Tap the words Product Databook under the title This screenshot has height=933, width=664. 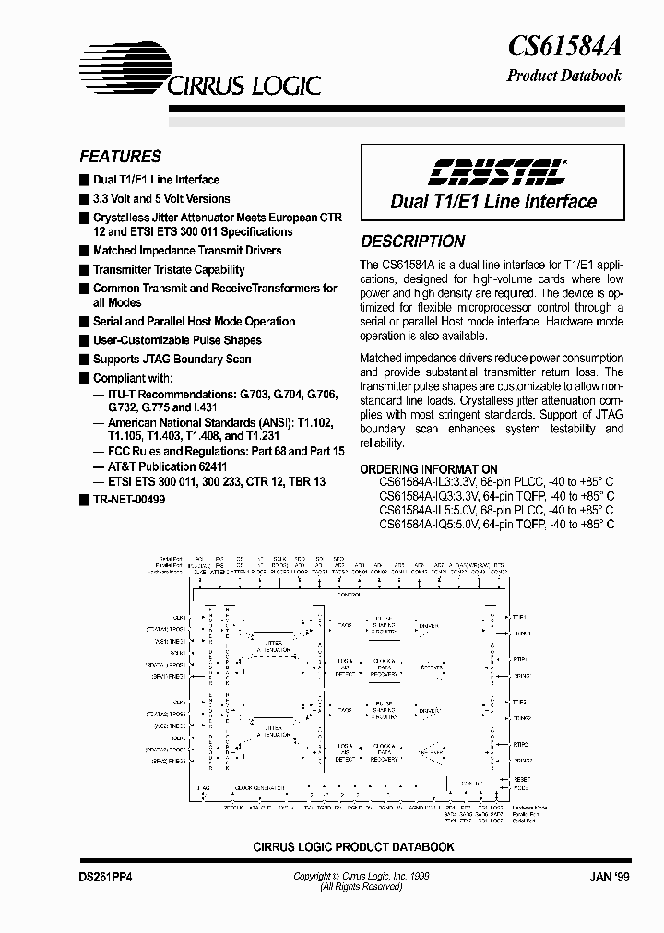pos(564,76)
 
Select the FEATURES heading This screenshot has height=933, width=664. pos(120,157)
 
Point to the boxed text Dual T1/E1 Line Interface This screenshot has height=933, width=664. pos(493,201)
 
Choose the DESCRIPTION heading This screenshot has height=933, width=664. pos(412,242)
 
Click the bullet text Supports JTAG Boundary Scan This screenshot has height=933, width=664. pos(172,360)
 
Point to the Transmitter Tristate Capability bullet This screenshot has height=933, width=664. pos(169,270)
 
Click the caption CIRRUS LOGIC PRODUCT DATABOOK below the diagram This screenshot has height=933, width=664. pos(354,846)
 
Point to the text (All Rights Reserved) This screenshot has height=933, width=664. pos(361,887)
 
